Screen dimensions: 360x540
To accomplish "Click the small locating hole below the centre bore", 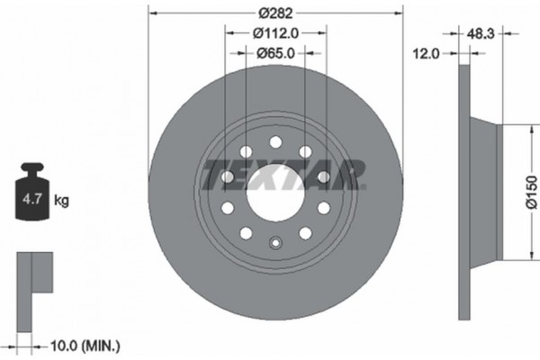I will [274, 240].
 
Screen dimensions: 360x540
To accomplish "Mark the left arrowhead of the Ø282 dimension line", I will [152, 13].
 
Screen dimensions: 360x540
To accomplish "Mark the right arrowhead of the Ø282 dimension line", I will [397, 13].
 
